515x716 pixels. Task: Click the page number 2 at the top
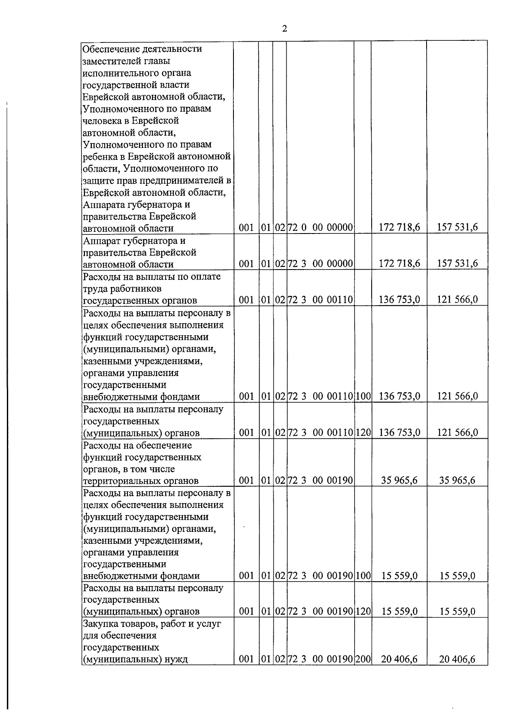(284, 29)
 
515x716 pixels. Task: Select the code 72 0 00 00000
(320, 228)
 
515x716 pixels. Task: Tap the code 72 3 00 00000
(320, 263)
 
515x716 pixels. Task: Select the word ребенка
(99, 156)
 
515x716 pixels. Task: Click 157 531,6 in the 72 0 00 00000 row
(457, 228)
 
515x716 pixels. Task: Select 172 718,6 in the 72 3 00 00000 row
(399, 263)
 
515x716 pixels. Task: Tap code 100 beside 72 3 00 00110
(363, 396)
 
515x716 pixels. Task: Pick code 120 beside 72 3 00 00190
(363, 611)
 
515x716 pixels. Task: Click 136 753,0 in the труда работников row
(399, 300)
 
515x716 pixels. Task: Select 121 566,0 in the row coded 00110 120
(457, 432)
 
